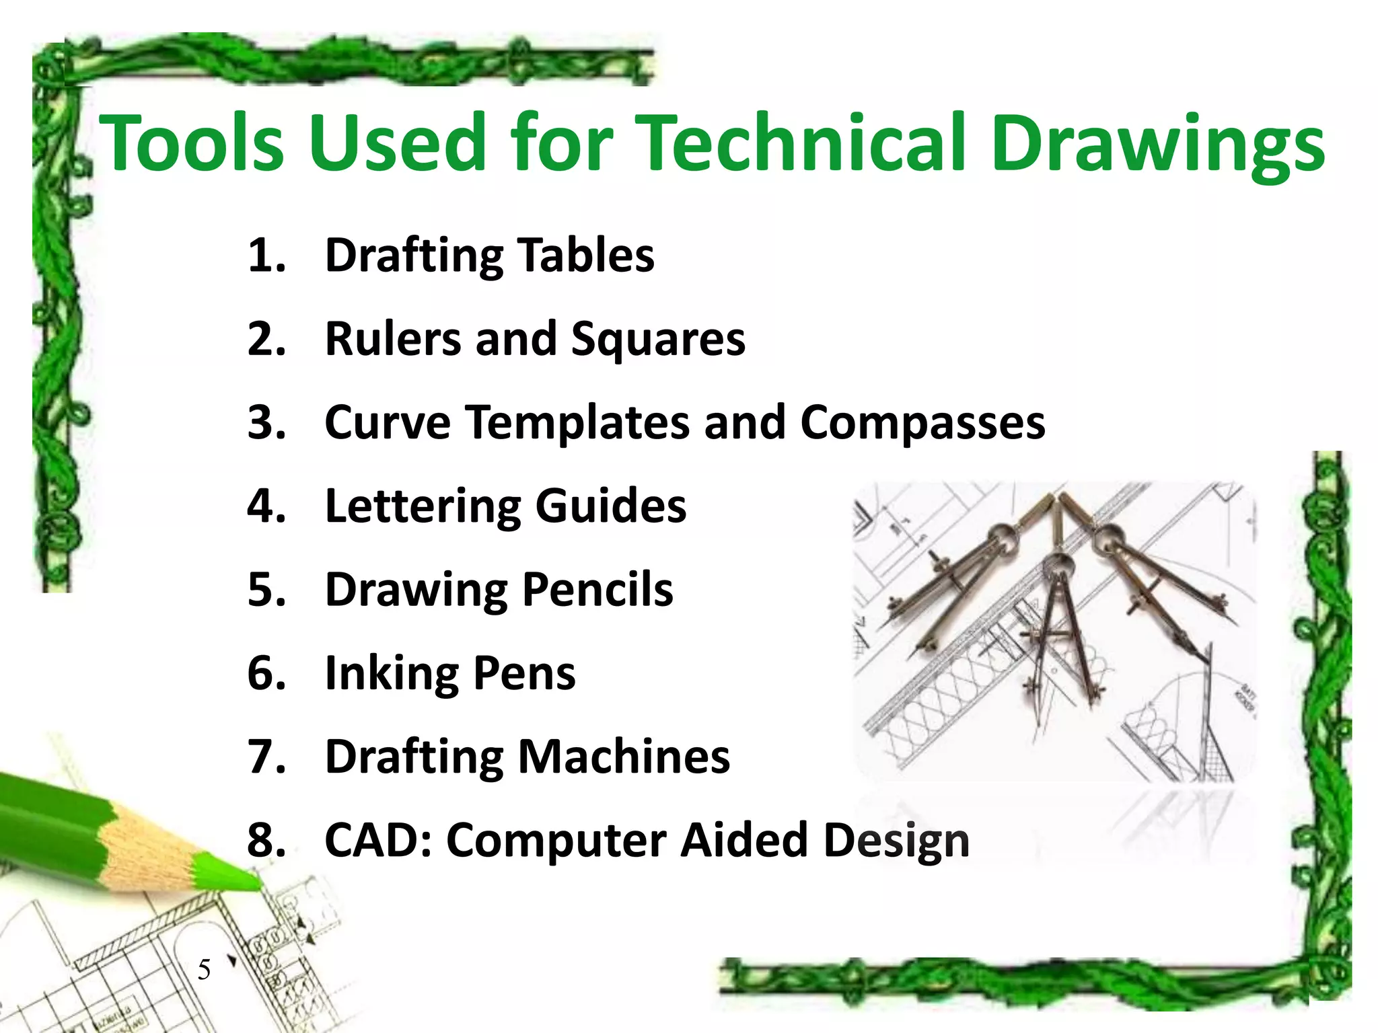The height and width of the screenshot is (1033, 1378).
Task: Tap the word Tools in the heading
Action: [192, 143]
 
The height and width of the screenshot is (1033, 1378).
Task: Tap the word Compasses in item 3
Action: [922, 424]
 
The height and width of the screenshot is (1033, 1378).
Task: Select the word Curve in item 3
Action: [388, 422]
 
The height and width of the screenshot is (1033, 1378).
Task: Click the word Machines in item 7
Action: [624, 757]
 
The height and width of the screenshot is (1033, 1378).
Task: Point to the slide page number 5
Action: [204, 970]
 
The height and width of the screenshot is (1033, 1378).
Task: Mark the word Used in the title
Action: [397, 143]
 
